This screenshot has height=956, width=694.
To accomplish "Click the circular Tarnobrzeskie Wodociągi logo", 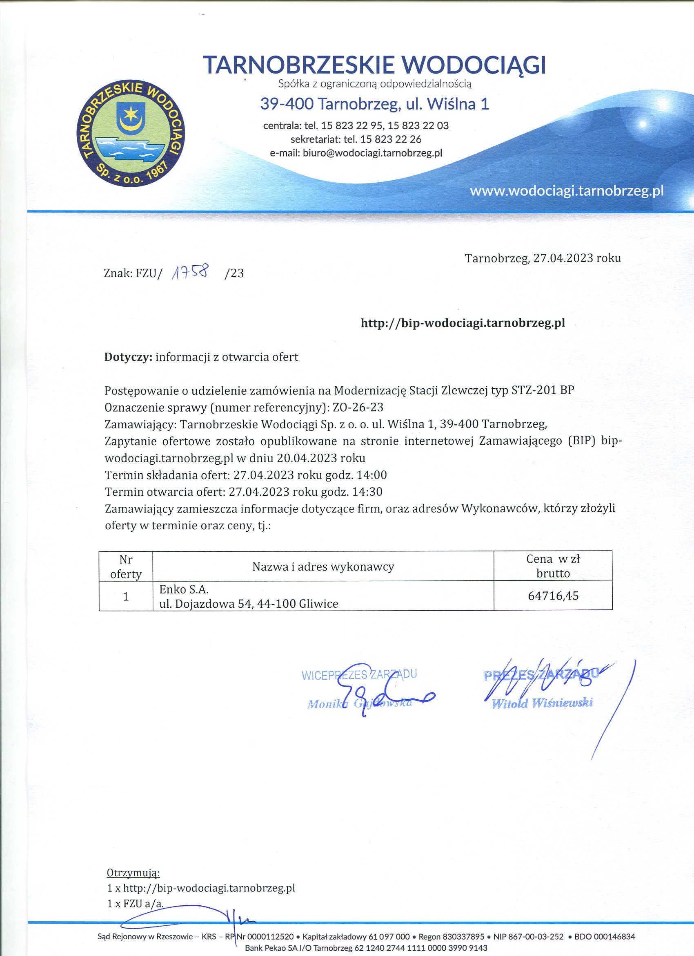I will coord(131,133).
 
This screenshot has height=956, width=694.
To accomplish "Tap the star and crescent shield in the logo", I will coord(131,116).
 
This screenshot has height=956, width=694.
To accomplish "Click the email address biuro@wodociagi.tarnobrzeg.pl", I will coord(372,153).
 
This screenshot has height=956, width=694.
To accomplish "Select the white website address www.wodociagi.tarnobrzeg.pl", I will coord(566,191).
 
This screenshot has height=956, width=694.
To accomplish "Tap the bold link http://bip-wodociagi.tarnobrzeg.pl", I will coord(463,323).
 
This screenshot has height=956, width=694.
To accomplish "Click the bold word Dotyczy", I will coord(128,357).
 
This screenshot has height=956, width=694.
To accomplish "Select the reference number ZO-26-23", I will coord(358,407).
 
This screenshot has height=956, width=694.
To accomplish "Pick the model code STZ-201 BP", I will coord(543,390).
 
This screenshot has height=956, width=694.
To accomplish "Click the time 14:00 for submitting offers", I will coord(371,475).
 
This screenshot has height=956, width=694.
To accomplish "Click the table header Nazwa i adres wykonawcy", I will coord(323,566).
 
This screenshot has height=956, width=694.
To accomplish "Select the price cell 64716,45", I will coord(553,596).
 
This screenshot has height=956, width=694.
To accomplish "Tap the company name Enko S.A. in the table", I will coord(184,589).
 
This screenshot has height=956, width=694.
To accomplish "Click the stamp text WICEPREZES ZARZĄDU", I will coord(359,675).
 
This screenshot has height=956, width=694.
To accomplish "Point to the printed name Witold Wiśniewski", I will coord(543,703).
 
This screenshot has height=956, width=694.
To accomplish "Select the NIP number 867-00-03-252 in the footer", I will coord(528,937).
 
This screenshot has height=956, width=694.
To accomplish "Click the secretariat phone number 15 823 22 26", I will coord(390,139).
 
